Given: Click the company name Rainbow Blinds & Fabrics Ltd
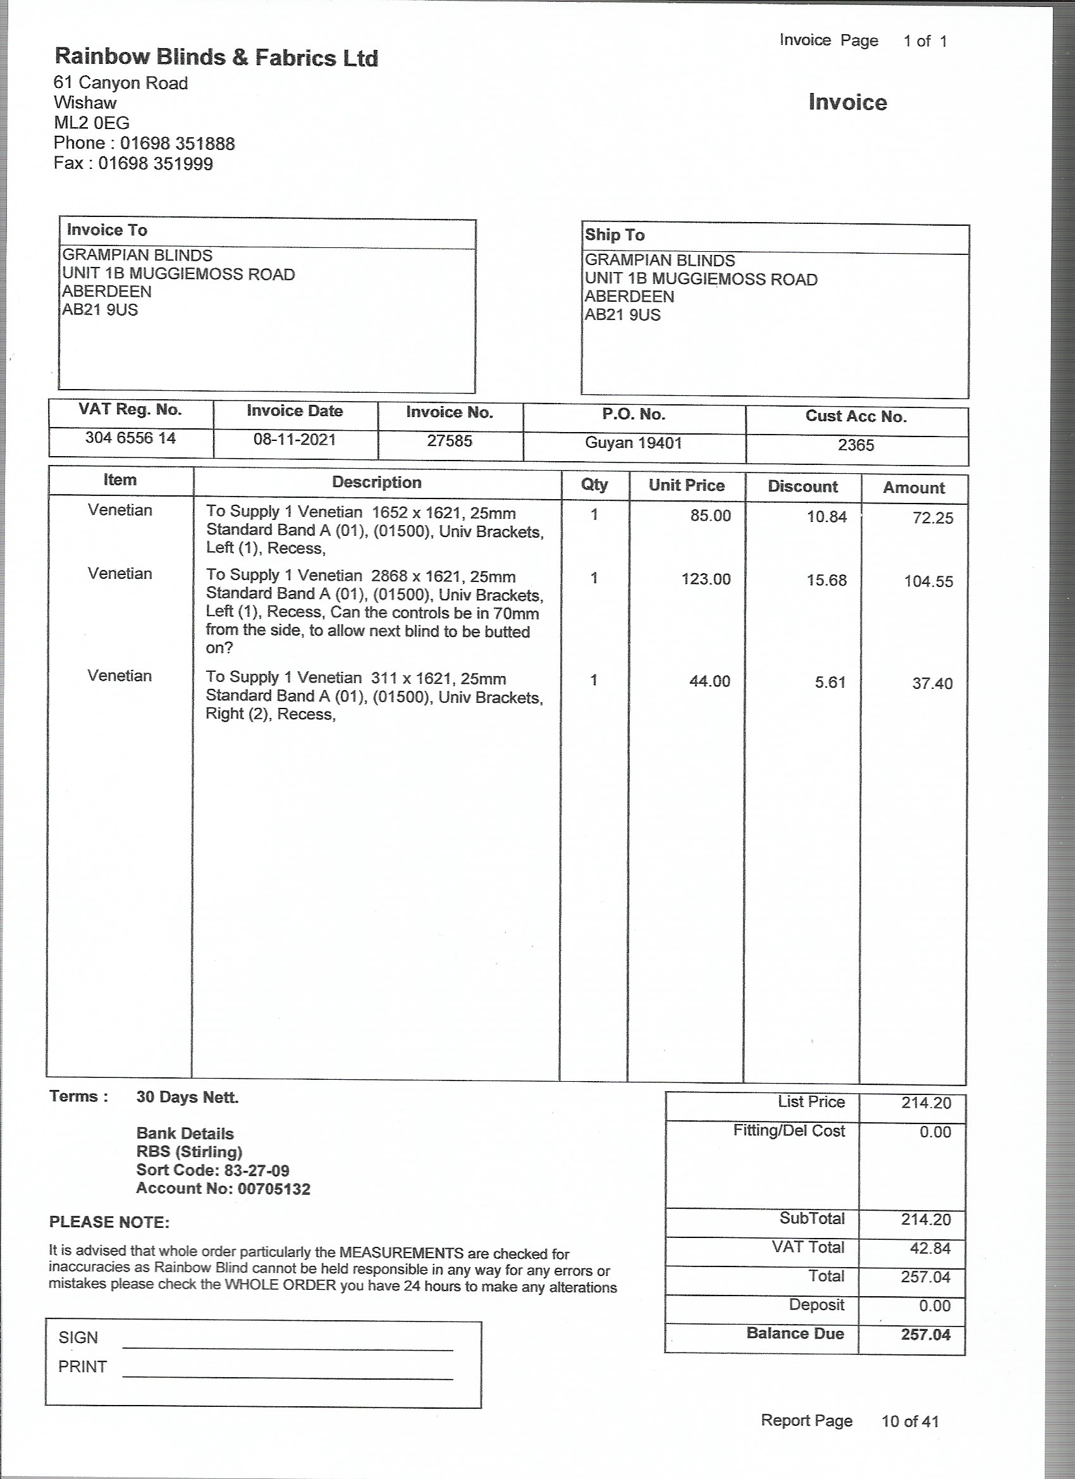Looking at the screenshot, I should click(x=216, y=58).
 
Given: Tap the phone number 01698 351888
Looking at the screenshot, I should click(x=177, y=144).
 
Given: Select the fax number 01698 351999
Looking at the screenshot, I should click(x=155, y=163).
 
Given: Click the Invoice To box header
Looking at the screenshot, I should click(x=107, y=230).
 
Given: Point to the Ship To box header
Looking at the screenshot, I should click(x=614, y=235).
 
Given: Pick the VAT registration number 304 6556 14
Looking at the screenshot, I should click(x=130, y=438).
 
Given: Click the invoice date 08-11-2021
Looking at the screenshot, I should click(x=295, y=440).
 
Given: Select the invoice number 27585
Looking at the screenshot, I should click(x=449, y=441).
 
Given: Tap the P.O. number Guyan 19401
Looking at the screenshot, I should click(x=633, y=443).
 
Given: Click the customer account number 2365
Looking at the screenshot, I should click(x=856, y=445).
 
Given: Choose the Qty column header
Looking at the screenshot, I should click(x=594, y=485).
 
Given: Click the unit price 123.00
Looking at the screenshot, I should click(x=706, y=579).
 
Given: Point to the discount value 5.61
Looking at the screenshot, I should click(x=830, y=682).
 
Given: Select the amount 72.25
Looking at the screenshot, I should click(x=933, y=519).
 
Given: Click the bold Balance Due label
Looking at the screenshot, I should click(x=795, y=1334).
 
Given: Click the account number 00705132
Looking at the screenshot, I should click(x=274, y=1188).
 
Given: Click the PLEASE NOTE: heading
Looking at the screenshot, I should click(x=109, y=1222).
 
